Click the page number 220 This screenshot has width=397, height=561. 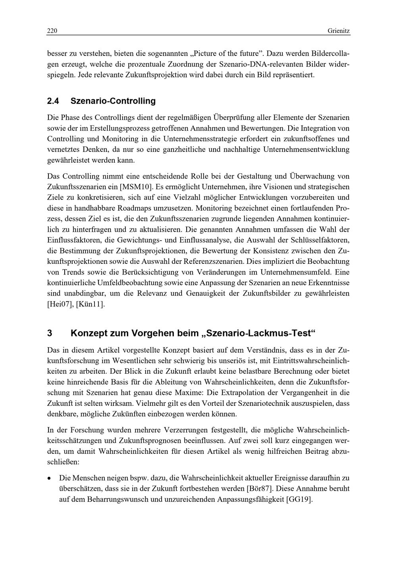coord(52,31)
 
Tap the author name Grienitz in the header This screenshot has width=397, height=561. coord(339,31)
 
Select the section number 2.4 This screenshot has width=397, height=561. coord(53,101)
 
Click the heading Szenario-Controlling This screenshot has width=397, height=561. coord(113,101)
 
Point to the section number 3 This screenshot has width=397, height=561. coord(50,333)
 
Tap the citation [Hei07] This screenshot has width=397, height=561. coord(59,305)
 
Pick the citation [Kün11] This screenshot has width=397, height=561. coord(91,305)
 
